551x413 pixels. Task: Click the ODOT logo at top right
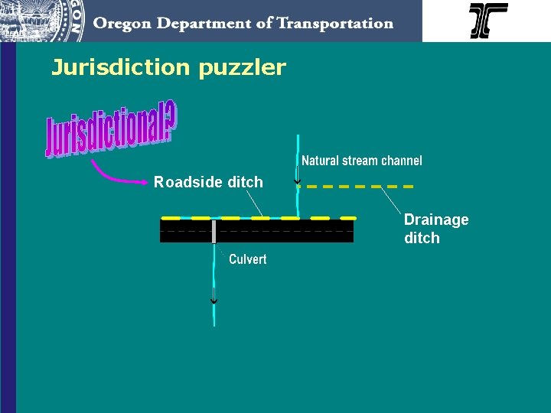pos(487,21)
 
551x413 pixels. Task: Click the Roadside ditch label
pos(208,182)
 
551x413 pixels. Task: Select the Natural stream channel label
pos(361,161)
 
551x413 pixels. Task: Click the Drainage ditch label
pos(435,229)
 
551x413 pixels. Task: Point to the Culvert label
pos(247,259)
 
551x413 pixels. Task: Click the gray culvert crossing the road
pos(214,231)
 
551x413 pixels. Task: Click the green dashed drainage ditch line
pos(356,186)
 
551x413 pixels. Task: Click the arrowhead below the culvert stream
pos(214,301)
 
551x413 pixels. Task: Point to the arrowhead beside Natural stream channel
pos(298,180)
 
